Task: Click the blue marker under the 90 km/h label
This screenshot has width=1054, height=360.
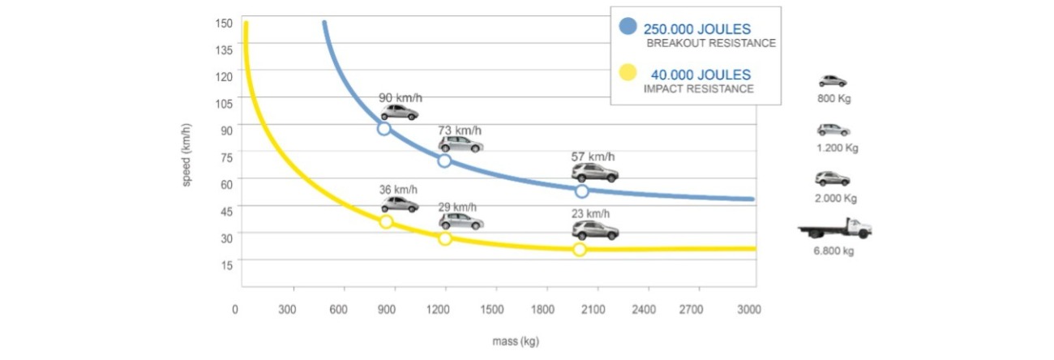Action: (x=384, y=129)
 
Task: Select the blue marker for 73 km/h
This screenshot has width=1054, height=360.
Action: (x=444, y=161)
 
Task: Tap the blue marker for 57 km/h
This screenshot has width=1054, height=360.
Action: (x=581, y=191)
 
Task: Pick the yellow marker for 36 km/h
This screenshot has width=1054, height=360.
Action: (x=386, y=221)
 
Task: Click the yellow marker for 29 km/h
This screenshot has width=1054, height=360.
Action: (x=445, y=238)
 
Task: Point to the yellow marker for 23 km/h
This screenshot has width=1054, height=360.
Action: (x=580, y=250)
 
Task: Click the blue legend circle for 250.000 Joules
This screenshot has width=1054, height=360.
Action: (x=628, y=26)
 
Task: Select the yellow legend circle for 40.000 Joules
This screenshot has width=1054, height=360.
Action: (x=628, y=74)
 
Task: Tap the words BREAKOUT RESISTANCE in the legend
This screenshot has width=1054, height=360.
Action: (x=711, y=43)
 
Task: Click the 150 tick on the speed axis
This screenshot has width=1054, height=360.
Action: (x=225, y=23)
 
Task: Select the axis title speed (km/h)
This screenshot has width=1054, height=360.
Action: (x=186, y=155)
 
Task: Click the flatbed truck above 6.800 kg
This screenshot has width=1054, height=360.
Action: (x=835, y=229)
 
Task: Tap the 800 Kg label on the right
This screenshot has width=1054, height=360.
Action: (x=833, y=99)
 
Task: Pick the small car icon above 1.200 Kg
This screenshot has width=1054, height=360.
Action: (x=833, y=130)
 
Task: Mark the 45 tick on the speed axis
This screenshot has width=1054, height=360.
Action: (x=225, y=211)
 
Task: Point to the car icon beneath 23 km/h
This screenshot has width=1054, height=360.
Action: (x=595, y=230)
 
